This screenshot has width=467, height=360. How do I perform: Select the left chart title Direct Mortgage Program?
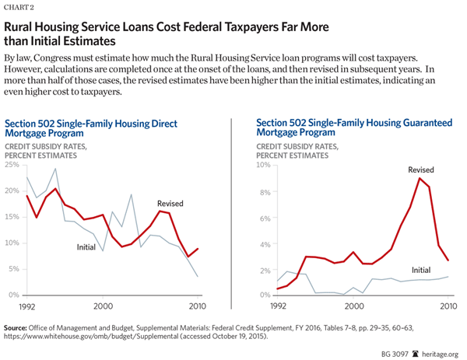click(x=92, y=128)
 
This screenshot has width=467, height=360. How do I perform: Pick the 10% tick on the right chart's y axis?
click(x=262, y=165)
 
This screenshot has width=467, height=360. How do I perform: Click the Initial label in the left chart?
click(x=86, y=247)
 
